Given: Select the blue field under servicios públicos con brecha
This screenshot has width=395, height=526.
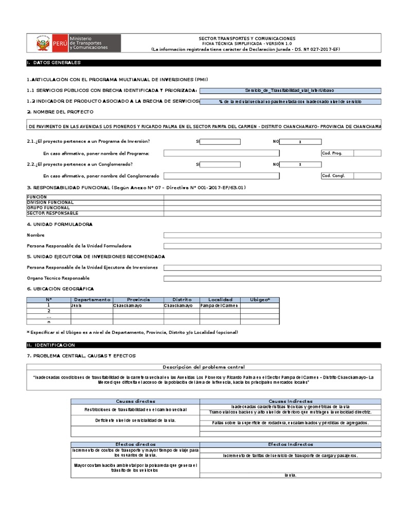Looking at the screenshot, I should [291, 90].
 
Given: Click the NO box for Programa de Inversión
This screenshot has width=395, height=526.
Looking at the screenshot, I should [300, 142].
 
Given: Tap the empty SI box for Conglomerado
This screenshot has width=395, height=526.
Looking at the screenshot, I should [220, 164].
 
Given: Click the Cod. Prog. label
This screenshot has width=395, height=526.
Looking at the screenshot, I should [332, 153].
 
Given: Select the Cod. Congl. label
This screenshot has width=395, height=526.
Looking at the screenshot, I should [333, 176].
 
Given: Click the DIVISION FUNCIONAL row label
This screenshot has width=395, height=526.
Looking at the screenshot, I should [50, 202].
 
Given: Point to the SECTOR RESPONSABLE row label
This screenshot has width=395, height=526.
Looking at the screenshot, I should [52, 213].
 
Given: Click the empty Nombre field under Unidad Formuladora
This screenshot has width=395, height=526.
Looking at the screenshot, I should [272, 235].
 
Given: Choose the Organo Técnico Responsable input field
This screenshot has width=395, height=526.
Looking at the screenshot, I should [272, 278].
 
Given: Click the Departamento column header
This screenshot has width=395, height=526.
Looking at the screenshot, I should [92, 299].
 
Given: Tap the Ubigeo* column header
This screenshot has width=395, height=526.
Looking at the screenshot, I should [260, 299].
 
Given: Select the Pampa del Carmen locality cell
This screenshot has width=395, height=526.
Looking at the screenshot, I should [219, 305].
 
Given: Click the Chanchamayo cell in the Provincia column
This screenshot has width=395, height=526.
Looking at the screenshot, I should [138, 305].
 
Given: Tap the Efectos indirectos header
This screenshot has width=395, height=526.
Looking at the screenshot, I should [290, 444].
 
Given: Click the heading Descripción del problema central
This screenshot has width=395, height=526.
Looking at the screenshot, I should [204, 367].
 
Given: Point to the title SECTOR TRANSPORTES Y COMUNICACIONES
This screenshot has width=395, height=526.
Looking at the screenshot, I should [247, 39].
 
